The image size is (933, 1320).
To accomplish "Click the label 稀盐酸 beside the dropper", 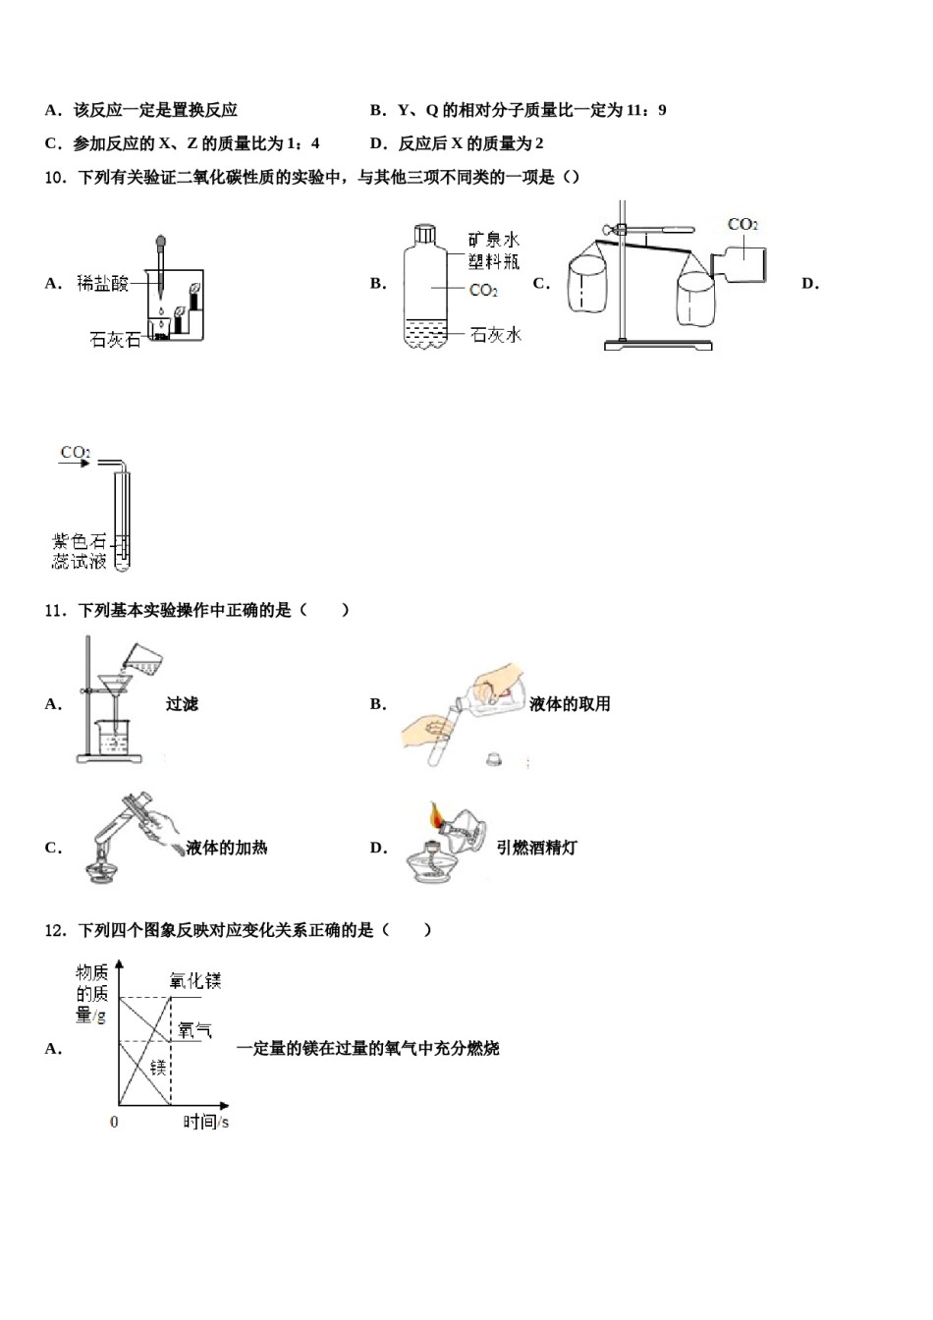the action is pyautogui.click(x=103, y=284).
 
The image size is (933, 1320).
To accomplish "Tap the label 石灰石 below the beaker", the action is pyautogui.click(x=115, y=340).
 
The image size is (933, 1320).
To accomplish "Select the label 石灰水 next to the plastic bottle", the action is pyautogui.click(x=496, y=335).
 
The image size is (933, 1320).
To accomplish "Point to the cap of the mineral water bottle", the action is pyautogui.click(x=425, y=234).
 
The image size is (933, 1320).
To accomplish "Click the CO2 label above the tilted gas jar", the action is pyautogui.click(x=742, y=225).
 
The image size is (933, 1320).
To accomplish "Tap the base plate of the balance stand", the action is pyautogui.click(x=657, y=345).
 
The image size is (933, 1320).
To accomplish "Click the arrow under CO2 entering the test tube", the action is pyautogui.click(x=75, y=464).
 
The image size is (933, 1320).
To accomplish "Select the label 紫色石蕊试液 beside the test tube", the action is pyautogui.click(x=80, y=551).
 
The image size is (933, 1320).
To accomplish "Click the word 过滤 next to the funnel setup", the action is pyautogui.click(x=182, y=703).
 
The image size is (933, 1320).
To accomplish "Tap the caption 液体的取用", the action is pyautogui.click(x=570, y=703).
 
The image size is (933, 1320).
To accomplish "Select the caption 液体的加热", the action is pyautogui.click(x=226, y=848).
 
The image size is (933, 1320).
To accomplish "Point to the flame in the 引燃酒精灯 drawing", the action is pyautogui.click(x=435, y=814).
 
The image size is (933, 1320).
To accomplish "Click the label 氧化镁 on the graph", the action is pyautogui.click(x=194, y=980).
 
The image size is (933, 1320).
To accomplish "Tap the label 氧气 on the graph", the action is pyautogui.click(x=194, y=1030).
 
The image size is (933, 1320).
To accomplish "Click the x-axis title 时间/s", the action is pyautogui.click(x=206, y=1121).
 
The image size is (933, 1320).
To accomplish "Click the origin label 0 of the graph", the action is pyautogui.click(x=114, y=1122).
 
